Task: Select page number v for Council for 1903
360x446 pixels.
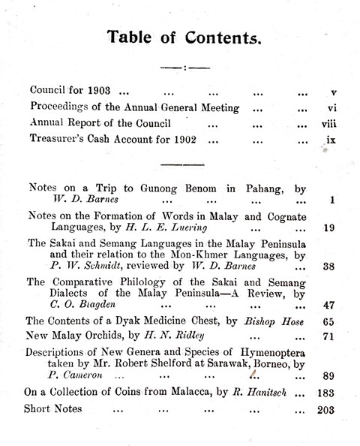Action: (331, 93)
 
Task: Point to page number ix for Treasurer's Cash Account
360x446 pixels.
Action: (331, 138)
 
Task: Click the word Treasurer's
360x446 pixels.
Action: (58, 138)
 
